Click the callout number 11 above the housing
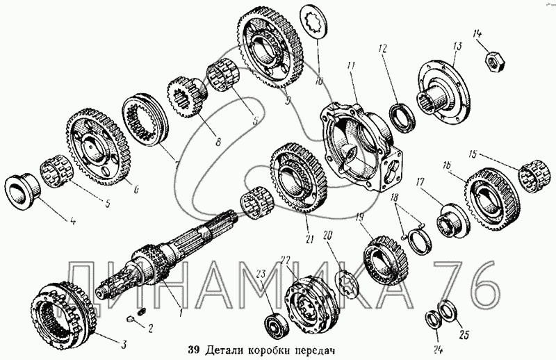point(352,67)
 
